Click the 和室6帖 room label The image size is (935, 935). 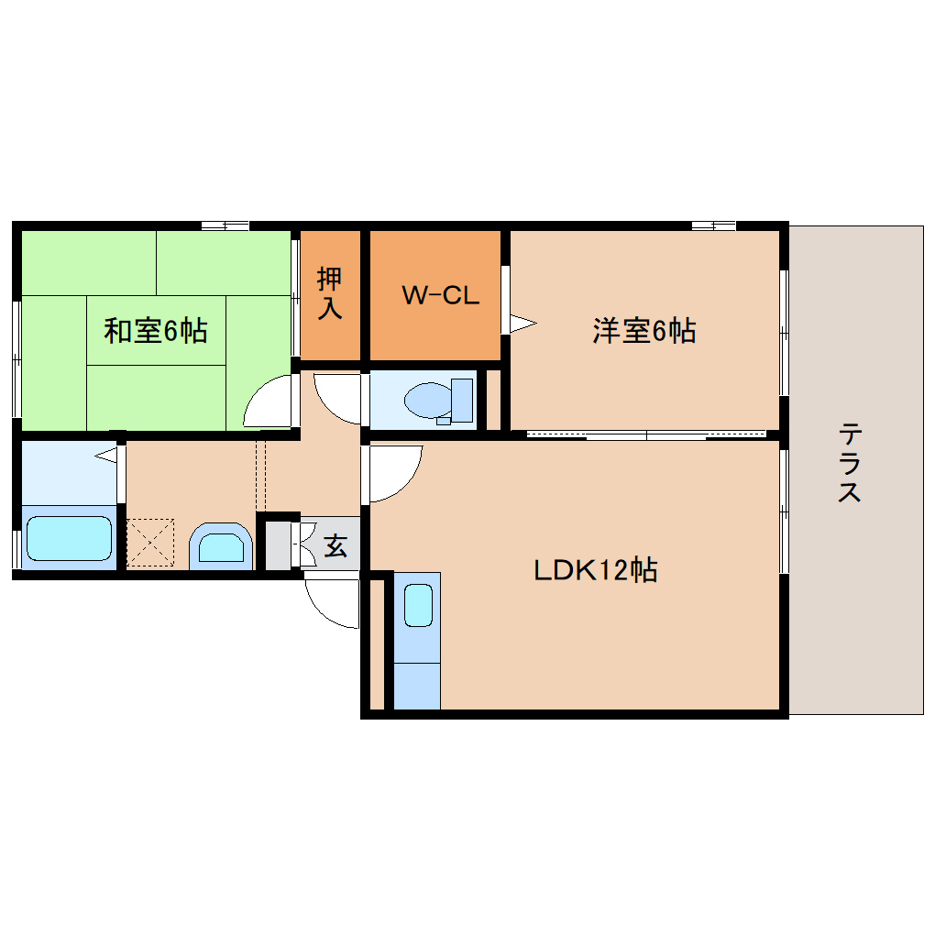[x=155, y=330]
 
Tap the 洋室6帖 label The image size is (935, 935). [x=643, y=330]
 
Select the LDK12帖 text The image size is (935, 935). [x=596, y=571]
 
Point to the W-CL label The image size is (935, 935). [x=441, y=295]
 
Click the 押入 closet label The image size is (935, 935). [x=330, y=293]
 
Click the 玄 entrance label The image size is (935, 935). [x=335, y=547]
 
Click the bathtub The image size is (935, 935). [x=69, y=539]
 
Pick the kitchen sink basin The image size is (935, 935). [x=418, y=605]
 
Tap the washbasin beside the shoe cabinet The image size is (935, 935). [x=221, y=547]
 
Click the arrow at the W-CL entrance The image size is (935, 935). [x=522, y=323]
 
